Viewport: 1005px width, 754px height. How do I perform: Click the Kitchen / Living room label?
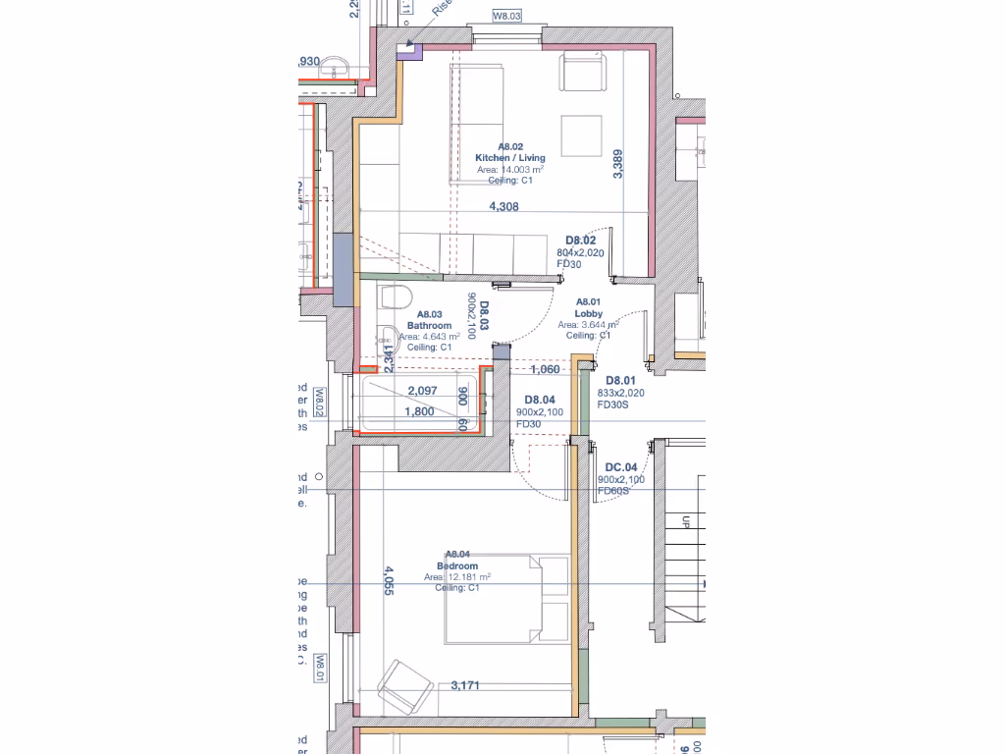pyautogui.click(x=509, y=157)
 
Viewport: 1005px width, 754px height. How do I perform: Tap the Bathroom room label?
pyautogui.click(x=429, y=325)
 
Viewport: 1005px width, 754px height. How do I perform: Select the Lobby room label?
pyautogui.click(x=588, y=313)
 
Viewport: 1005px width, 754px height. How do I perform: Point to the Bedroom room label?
pyautogui.click(x=457, y=566)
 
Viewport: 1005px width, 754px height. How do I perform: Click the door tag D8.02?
pyautogui.click(x=581, y=241)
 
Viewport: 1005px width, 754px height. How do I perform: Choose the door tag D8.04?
pyautogui.click(x=541, y=400)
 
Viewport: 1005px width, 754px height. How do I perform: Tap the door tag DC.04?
pyautogui.click(x=620, y=467)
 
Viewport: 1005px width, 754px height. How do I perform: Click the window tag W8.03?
pyautogui.click(x=506, y=16)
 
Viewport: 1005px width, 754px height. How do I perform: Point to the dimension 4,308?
pyautogui.click(x=504, y=207)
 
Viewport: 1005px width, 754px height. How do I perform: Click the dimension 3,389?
pyautogui.click(x=617, y=164)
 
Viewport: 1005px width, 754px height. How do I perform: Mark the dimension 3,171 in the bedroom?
pyautogui.click(x=465, y=685)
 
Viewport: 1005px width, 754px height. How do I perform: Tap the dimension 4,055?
pyautogui.click(x=389, y=580)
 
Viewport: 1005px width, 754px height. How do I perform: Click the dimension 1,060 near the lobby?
pyautogui.click(x=545, y=370)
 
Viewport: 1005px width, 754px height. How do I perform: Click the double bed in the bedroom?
pyautogui.click(x=505, y=600)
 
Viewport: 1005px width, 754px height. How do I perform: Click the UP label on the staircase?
pyautogui.click(x=686, y=523)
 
